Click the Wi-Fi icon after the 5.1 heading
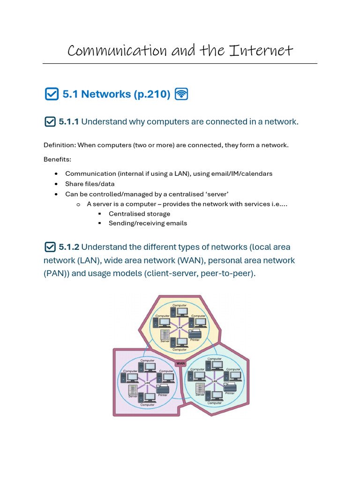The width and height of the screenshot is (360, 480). (x=181, y=94)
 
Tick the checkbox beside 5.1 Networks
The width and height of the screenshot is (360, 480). (x=51, y=94)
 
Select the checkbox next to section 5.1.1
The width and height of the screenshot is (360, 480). (x=50, y=122)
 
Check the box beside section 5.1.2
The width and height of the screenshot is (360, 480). (x=50, y=247)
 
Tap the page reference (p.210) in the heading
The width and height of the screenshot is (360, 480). (x=152, y=94)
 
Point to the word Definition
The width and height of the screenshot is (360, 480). (x=59, y=145)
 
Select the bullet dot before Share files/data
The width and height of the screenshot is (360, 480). (x=56, y=184)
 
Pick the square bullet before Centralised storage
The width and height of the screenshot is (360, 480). (x=99, y=214)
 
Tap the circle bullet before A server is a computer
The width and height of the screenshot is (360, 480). (x=78, y=204)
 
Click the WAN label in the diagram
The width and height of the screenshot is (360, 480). (x=180, y=363)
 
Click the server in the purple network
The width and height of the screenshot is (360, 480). (x=133, y=389)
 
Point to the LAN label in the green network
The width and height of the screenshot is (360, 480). (x=214, y=381)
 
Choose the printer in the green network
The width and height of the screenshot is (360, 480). (x=230, y=387)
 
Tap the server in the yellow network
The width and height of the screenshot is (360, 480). (x=165, y=335)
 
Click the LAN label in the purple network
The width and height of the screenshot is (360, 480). (x=147, y=383)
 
